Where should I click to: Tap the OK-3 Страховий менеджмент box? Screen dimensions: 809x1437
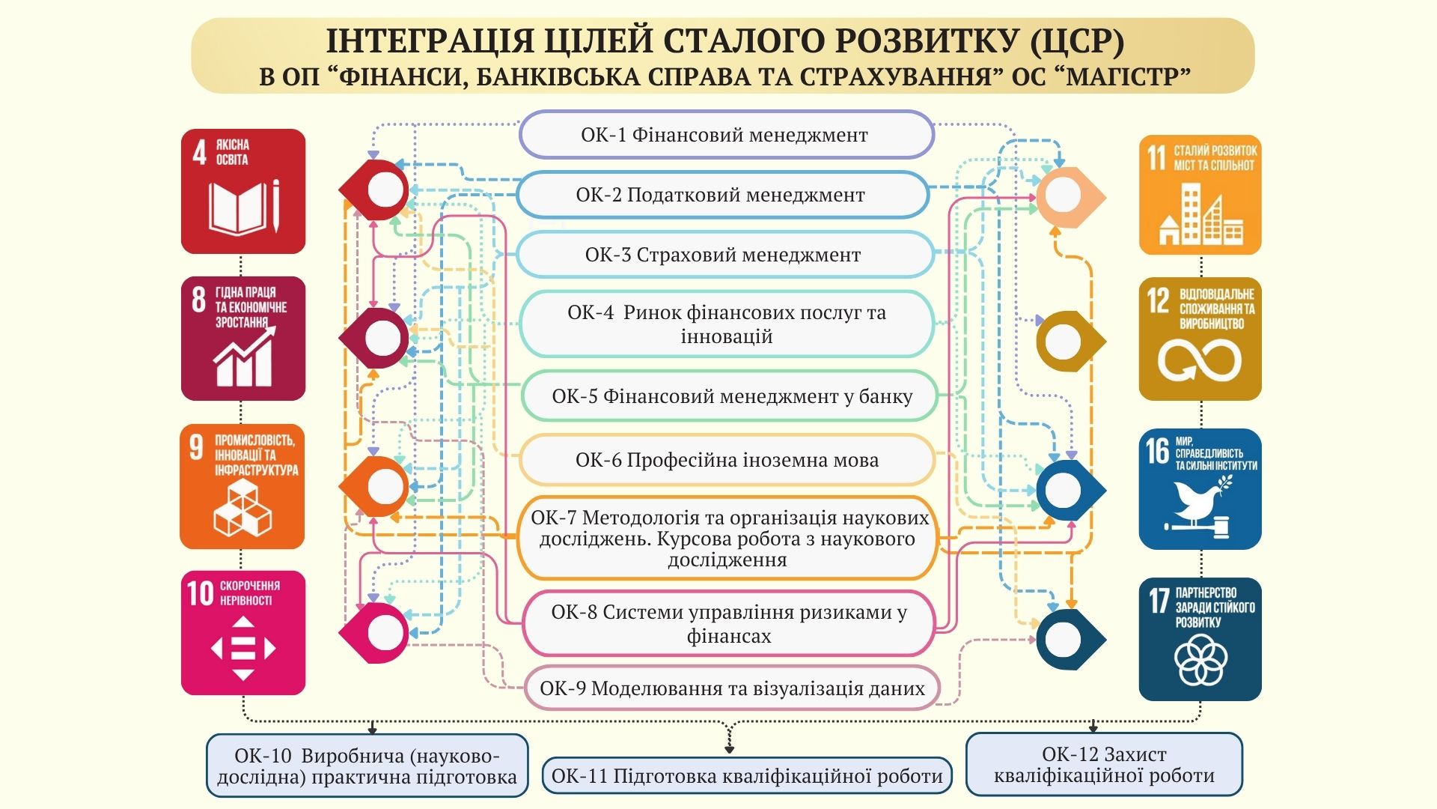(x=724, y=255)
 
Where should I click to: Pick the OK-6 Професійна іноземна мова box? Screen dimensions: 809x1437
(x=727, y=460)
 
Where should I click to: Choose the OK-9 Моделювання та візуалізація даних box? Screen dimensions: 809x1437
(x=731, y=688)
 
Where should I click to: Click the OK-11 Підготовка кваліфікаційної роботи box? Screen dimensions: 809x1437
(x=747, y=776)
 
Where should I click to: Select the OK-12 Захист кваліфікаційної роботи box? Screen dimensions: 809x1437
(x=1104, y=765)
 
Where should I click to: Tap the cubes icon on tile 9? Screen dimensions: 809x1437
(x=242, y=508)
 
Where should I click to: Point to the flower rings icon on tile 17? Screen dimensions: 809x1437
(x=1200, y=660)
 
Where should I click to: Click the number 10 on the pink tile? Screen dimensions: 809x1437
(x=200, y=594)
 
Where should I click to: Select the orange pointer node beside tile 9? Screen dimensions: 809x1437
(x=380, y=487)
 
